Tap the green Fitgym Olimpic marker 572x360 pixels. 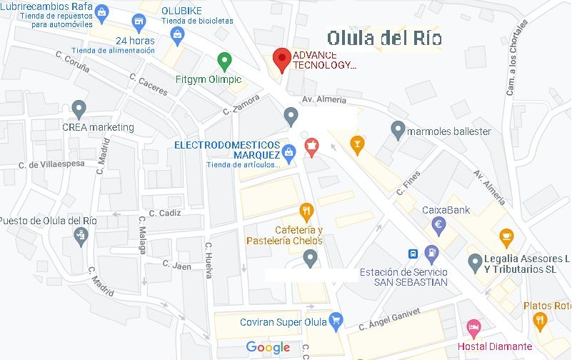click(x=225, y=62)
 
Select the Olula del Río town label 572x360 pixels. click(x=385, y=38)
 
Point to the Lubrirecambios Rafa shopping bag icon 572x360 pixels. click(x=102, y=12)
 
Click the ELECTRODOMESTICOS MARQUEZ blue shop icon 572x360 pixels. click(x=288, y=151)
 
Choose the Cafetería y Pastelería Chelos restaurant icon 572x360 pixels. click(x=306, y=211)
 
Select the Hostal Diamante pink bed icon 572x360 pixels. click(x=473, y=329)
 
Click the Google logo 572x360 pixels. click(x=268, y=348)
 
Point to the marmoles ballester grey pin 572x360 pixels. click(x=398, y=130)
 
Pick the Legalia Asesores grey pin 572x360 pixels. click(x=475, y=263)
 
